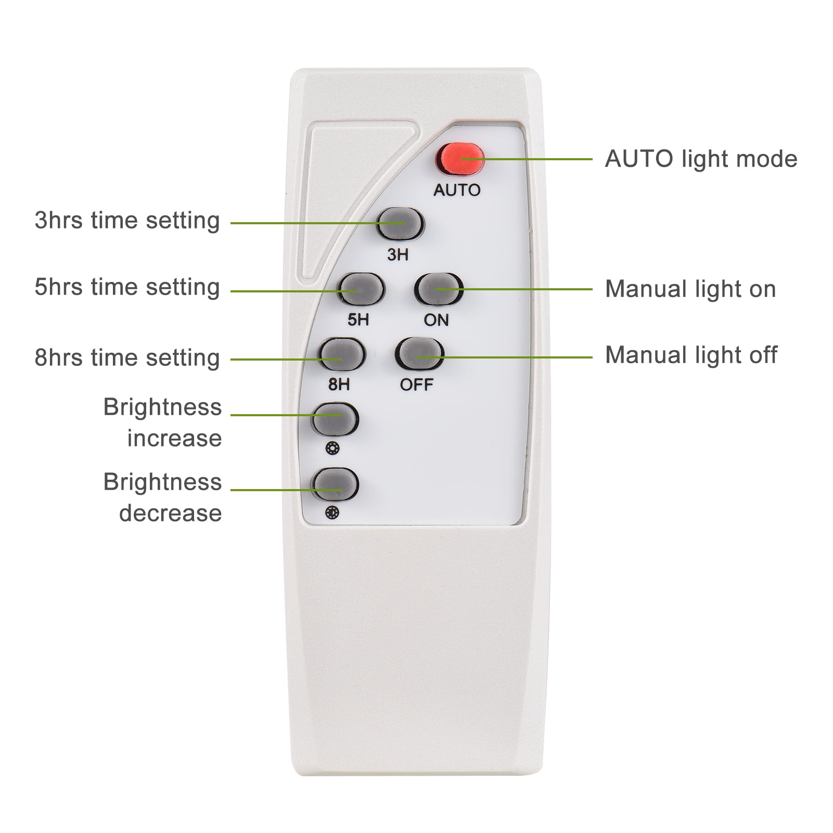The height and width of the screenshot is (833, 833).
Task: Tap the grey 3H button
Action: click(x=400, y=223)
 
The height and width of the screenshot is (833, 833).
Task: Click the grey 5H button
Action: click(x=360, y=289)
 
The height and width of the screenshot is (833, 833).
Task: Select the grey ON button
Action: click(x=438, y=289)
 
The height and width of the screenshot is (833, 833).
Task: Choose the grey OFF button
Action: click(x=419, y=355)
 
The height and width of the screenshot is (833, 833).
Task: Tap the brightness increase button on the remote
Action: click(x=335, y=418)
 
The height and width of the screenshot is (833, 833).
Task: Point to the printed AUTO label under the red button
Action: click(x=457, y=190)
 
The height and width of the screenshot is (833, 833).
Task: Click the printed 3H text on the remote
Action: click(x=398, y=254)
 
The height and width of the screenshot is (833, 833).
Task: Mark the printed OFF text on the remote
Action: click(x=416, y=385)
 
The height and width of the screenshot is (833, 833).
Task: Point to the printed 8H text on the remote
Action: click(x=339, y=385)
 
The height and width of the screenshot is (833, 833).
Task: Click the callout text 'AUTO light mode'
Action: click(x=701, y=159)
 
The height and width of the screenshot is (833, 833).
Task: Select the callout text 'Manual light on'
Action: click(x=690, y=289)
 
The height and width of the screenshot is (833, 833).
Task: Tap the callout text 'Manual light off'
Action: click(x=691, y=355)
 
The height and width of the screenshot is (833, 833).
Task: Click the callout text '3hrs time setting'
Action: click(x=127, y=221)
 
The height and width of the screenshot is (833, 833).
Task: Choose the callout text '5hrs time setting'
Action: click(x=127, y=287)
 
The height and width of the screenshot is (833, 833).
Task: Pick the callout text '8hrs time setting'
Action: click(x=127, y=358)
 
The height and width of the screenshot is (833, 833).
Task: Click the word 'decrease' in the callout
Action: click(x=171, y=513)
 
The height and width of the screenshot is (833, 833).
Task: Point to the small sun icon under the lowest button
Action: click(x=332, y=514)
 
